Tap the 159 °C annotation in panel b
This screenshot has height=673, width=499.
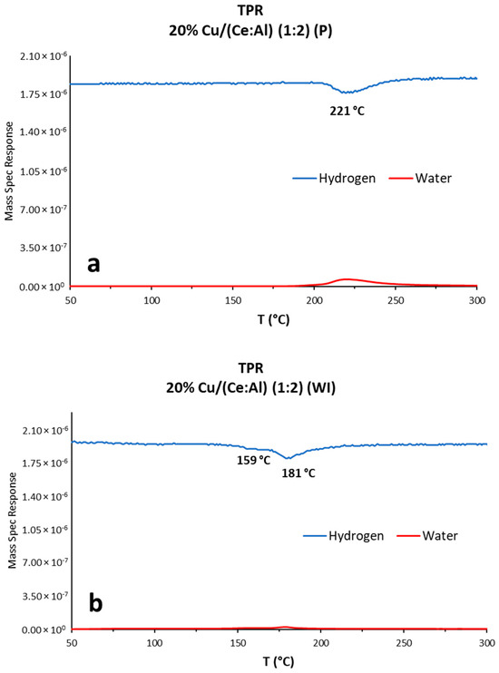253,460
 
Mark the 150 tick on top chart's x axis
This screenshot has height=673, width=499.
233,299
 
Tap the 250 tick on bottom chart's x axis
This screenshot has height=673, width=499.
404,642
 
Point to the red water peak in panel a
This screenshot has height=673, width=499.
345,279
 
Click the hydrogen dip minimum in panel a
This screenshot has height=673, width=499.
347,92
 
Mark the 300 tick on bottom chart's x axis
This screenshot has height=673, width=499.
486,642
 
